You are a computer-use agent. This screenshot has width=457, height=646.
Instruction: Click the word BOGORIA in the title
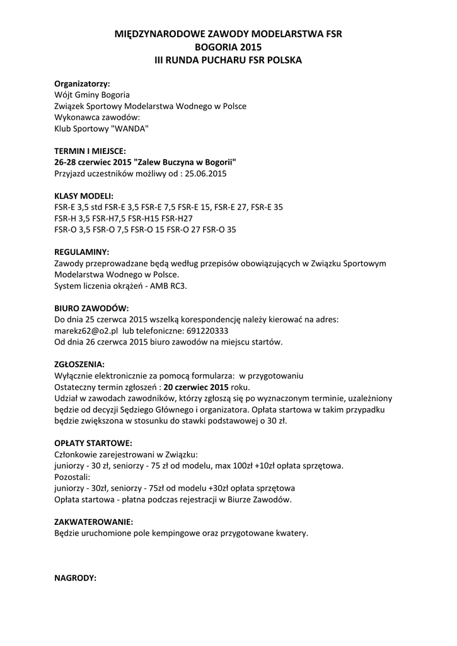click(217, 47)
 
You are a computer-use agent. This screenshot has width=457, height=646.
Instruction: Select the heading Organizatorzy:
click(82, 83)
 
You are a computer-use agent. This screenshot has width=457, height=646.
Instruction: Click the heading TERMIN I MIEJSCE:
click(90, 151)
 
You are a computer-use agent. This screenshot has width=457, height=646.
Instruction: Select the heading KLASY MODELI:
click(84, 196)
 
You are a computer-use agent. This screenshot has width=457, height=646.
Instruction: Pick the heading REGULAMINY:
click(82, 251)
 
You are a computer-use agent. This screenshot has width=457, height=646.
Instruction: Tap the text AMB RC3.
click(170, 285)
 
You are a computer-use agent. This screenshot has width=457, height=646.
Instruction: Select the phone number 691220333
click(206, 331)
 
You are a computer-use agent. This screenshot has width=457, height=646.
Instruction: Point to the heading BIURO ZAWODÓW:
click(91, 308)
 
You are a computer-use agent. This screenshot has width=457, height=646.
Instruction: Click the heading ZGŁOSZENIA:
click(80, 364)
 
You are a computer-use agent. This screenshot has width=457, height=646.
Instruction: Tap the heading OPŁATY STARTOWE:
click(93, 443)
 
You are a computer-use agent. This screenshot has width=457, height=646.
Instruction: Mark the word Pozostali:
click(73, 477)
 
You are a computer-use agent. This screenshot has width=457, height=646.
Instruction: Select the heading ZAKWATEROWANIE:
click(94, 522)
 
